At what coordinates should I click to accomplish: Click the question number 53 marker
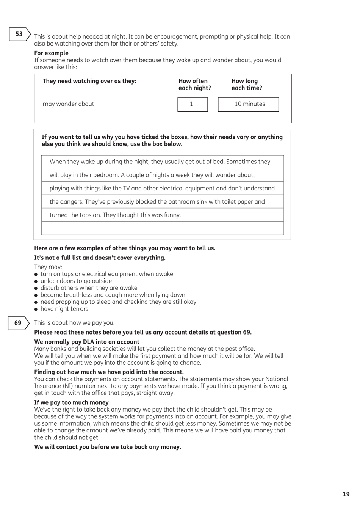[19, 34]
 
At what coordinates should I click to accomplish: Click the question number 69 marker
[18, 323]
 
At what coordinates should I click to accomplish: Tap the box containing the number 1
[192, 104]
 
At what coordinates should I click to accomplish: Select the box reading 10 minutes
[248, 104]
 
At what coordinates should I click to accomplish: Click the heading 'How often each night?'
[194, 84]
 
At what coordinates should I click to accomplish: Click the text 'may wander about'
[68, 104]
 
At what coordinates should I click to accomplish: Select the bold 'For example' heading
[51, 53]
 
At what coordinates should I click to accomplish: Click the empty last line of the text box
[162, 228]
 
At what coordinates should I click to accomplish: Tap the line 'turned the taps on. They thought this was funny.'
[115, 215]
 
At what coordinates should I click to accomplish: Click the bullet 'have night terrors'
[64, 309]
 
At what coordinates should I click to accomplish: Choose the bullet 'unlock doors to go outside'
[76, 281]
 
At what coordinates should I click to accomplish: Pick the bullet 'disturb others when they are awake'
[89, 288]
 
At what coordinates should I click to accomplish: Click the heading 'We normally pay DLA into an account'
[87, 342]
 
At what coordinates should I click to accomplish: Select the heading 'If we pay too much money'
[71, 402]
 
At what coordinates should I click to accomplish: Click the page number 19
[346, 494]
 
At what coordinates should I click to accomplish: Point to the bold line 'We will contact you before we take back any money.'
[108, 447]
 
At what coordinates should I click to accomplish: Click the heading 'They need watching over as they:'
[89, 81]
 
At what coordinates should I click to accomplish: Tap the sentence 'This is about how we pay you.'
[74, 323]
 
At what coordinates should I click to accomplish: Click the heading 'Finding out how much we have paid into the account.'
[109, 372]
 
